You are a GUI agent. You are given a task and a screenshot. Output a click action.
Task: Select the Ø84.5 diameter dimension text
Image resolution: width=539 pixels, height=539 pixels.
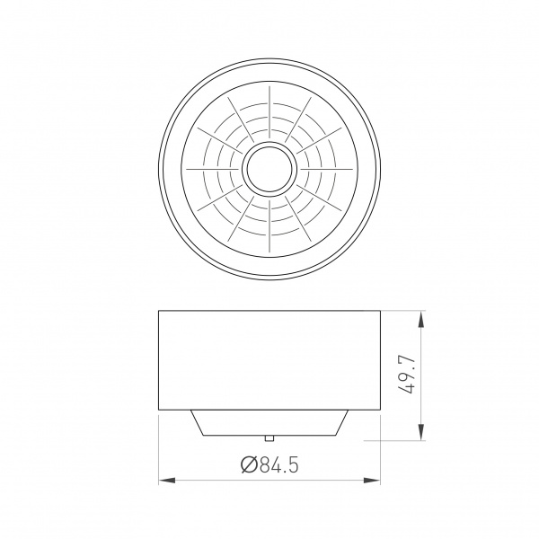point(269,464)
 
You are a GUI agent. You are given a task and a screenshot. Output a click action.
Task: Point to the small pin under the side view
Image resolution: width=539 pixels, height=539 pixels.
point(269,437)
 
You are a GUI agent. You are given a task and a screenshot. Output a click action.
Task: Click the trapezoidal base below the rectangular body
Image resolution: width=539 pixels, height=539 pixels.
point(269,422)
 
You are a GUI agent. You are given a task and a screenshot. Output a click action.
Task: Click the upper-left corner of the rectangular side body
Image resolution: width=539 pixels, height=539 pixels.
point(159,311)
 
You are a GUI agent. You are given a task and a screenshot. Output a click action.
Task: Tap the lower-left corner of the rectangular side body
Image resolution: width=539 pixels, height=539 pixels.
point(159,410)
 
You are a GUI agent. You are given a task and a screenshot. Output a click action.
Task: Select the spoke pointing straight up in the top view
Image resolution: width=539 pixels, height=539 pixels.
point(269,112)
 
